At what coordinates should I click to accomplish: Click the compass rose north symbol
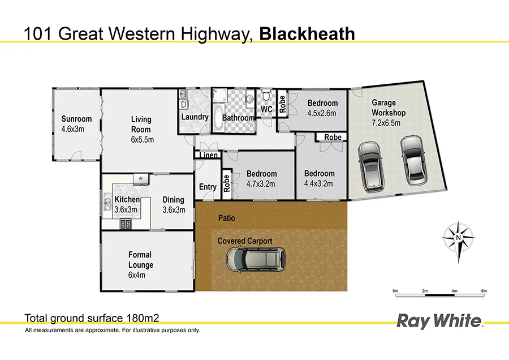pyautogui.click(x=458, y=238)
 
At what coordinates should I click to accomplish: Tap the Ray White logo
pyautogui.click(x=440, y=322)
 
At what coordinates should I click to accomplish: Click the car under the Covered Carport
pyautogui.click(x=256, y=260)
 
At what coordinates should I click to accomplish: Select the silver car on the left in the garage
pyautogui.click(x=370, y=165)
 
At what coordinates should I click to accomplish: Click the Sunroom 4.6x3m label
pyautogui.click(x=76, y=124)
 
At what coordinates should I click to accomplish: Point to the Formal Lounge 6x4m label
pyautogui.click(x=140, y=265)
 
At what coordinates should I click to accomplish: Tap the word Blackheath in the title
pyautogui.click(x=307, y=34)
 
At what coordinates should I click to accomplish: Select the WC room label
pyautogui.click(x=266, y=109)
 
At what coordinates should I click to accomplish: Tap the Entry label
pyautogui.click(x=208, y=187)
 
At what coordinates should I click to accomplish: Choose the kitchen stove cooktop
pyautogui.click(x=125, y=225)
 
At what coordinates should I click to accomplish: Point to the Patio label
pyautogui.click(x=227, y=218)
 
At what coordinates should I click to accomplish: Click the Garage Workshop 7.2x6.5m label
pyautogui.click(x=388, y=113)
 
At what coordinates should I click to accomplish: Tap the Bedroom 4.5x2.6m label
pyautogui.click(x=322, y=108)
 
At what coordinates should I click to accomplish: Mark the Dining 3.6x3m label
pyautogui.click(x=174, y=204)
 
